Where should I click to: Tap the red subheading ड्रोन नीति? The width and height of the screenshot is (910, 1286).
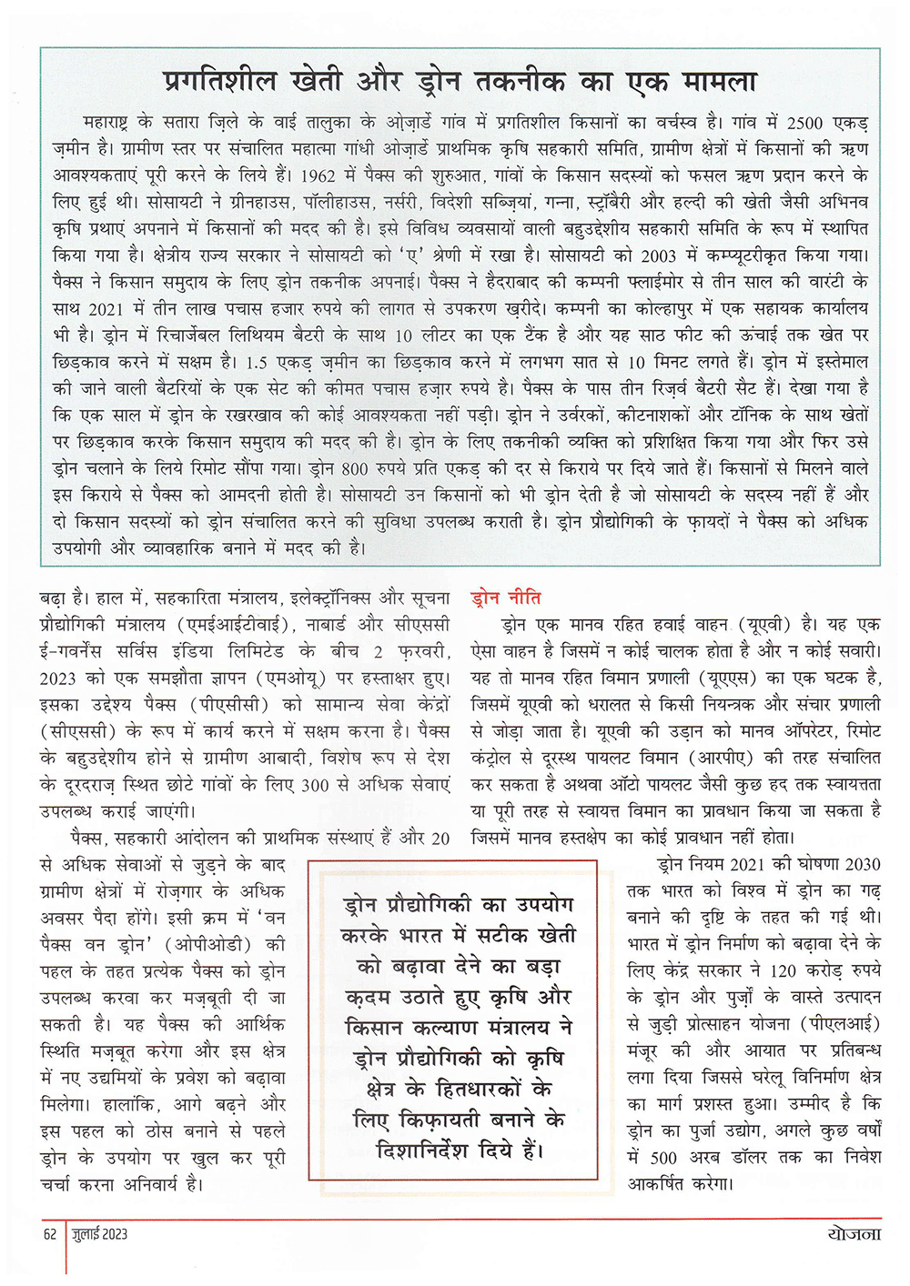(506, 598)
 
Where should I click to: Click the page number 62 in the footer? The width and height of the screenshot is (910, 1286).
(50, 1234)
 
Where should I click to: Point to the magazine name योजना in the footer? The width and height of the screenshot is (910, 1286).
(854, 1233)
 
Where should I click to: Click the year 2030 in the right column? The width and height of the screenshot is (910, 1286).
(862, 864)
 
